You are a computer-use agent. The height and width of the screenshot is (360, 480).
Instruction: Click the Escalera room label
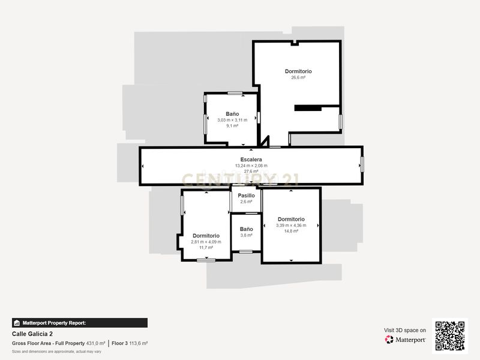click(251, 160)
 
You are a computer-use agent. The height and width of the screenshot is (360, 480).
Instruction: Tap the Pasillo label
click(246, 196)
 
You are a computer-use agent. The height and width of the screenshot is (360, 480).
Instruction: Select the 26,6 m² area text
click(298, 77)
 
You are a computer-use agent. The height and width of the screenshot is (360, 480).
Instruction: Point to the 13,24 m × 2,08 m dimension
click(251, 166)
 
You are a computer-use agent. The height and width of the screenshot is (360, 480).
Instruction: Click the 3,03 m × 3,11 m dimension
click(232, 120)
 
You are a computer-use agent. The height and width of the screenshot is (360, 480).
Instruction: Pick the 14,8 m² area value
click(291, 231)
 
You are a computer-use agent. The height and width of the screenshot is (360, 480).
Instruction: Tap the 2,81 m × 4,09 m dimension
click(206, 242)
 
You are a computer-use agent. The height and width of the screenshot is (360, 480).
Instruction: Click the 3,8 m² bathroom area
click(246, 235)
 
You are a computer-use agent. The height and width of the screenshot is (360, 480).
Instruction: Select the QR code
click(449, 336)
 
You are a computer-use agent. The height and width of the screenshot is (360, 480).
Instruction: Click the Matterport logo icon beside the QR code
click(389, 340)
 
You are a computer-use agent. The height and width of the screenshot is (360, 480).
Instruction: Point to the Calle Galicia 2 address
click(32, 334)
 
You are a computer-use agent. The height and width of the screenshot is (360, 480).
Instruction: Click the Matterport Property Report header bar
click(80, 323)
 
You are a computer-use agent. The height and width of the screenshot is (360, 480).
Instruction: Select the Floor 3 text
click(119, 343)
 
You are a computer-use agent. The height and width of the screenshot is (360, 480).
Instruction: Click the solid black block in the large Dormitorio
click(308, 108)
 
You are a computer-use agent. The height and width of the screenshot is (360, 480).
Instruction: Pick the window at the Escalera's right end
click(362, 164)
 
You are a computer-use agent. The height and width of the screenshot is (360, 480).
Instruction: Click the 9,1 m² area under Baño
click(232, 126)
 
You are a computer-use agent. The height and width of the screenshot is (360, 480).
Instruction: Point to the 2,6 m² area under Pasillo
click(246, 202)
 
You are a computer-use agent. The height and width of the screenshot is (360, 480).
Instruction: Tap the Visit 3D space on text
click(404, 331)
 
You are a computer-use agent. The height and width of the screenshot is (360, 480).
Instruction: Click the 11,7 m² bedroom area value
click(206, 248)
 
